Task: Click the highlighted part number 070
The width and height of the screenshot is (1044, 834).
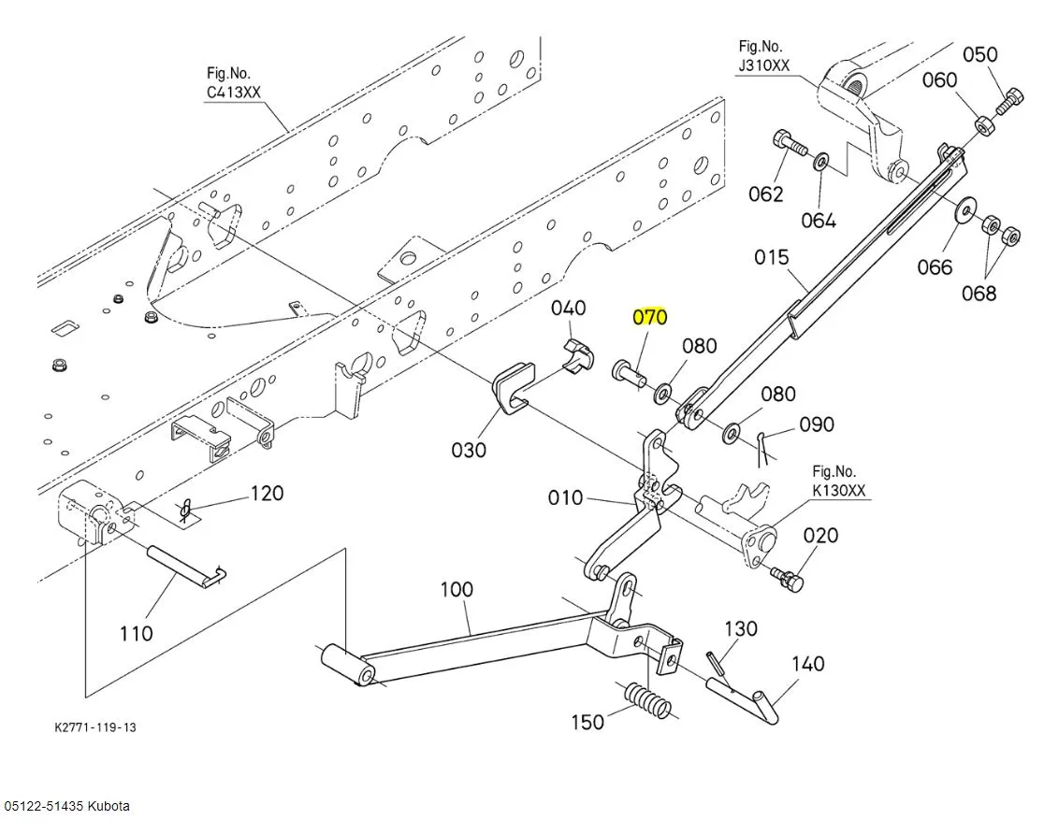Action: click(x=650, y=317)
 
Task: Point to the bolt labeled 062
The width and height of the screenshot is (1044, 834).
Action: click(x=789, y=146)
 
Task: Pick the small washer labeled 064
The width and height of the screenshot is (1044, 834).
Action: click(x=820, y=163)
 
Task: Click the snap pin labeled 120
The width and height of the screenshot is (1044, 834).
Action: click(x=188, y=510)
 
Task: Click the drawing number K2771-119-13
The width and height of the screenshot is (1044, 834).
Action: click(x=95, y=726)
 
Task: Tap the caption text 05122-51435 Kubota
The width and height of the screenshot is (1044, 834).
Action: click(x=67, y=806)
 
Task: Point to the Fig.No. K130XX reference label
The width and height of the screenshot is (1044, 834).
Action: click(x=838, y=481)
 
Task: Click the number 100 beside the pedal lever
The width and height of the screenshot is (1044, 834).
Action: click(x=457, y=590)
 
